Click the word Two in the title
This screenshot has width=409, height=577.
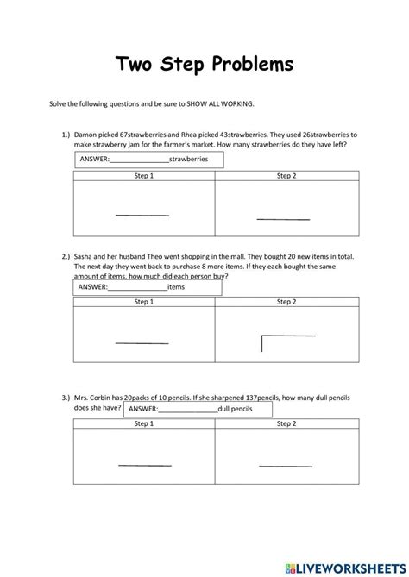[x=136, y=65]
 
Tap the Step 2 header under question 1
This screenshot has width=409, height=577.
[x=286, y=176]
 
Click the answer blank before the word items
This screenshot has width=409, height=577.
[x=136, y=288]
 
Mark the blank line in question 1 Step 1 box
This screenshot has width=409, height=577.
[x=142, y=216]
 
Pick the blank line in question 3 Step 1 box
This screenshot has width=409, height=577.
[x=143, y=466]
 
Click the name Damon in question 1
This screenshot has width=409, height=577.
[x=87, y=135]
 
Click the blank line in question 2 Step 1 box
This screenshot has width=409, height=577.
[x=142, y=343]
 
